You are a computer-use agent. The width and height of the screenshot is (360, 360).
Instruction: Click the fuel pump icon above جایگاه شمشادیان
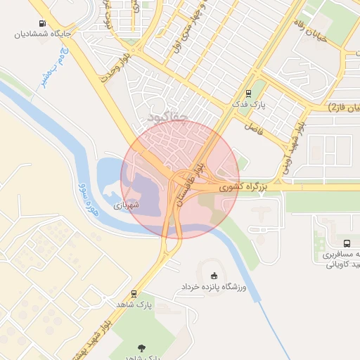pyautogui.click(x=44, y=22)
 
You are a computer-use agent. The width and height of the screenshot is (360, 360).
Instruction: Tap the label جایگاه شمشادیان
pyautogui.click(x=44, y=33)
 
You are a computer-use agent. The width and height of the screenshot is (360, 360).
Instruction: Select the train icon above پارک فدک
pyautogui.click(x=248, y=94)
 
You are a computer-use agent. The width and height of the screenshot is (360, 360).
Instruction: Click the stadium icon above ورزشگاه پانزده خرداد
pyautogui.click(x=214, y=276)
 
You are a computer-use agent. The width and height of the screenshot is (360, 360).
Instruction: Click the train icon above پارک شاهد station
pyautogui.click(x=134, y=294)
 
